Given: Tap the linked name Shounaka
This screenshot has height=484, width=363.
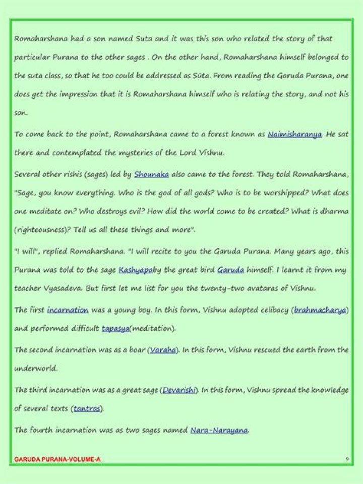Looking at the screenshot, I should tap(151, 175).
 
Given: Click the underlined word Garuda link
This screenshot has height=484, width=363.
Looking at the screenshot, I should tap(230, 270).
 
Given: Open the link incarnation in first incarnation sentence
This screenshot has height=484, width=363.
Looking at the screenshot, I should tap(68, 310).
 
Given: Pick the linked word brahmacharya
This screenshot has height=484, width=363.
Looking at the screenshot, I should tap(320, 310).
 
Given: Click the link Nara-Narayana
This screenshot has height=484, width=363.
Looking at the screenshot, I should tap(219, 430).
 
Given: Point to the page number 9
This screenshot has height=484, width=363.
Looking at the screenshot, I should tap(347, 459).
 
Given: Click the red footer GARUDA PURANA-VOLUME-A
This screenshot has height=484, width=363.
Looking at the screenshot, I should tap(57, 459).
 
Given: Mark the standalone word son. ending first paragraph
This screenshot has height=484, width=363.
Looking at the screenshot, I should tap(21, 113).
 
